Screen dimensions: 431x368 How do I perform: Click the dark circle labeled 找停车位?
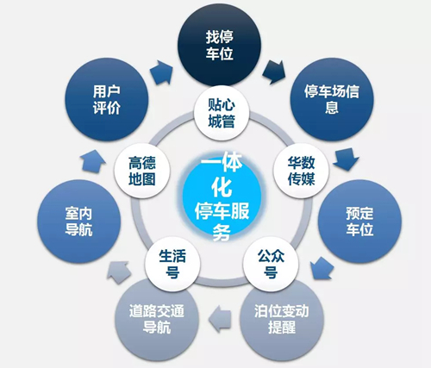220,45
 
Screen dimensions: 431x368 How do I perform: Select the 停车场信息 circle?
332,99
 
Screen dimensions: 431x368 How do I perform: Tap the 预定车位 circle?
359,221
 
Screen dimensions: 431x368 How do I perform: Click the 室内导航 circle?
78,221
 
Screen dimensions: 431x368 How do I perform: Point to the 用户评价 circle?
107,99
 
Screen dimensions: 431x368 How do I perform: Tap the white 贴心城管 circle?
222,113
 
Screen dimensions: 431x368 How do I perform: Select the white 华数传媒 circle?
301,171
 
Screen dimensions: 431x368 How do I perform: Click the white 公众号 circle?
271,264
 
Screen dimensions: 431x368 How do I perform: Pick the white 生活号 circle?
172,264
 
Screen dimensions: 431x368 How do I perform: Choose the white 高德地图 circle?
142,171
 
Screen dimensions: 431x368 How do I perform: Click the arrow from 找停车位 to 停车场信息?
274,72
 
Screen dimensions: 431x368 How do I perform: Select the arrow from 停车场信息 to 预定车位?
347,159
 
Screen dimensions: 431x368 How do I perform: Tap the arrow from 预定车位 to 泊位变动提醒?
322,268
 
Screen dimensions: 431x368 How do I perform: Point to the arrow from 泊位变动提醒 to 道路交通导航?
220,319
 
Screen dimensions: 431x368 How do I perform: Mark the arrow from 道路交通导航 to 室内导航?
119,272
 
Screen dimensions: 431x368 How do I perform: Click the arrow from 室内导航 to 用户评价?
92,161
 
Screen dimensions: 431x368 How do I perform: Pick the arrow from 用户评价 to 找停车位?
161,72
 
